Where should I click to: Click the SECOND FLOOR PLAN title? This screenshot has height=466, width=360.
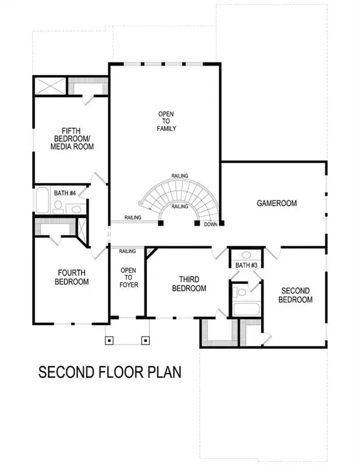point(110,371)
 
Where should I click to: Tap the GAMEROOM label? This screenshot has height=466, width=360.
point(276,203)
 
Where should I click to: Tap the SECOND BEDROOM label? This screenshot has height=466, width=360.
point(295,295)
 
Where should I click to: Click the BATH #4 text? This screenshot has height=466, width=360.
point(64,193)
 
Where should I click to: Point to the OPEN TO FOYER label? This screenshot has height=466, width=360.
point(128,279)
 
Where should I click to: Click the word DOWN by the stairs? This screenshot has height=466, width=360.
point(211,224)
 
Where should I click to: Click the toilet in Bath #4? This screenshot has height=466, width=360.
point(58,207)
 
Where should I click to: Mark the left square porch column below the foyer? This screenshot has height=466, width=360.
point(109,340)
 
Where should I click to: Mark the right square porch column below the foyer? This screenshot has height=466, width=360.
point(146,340)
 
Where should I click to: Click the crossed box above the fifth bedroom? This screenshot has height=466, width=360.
point(50,86)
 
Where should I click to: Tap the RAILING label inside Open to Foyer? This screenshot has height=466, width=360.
point(127,251)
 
